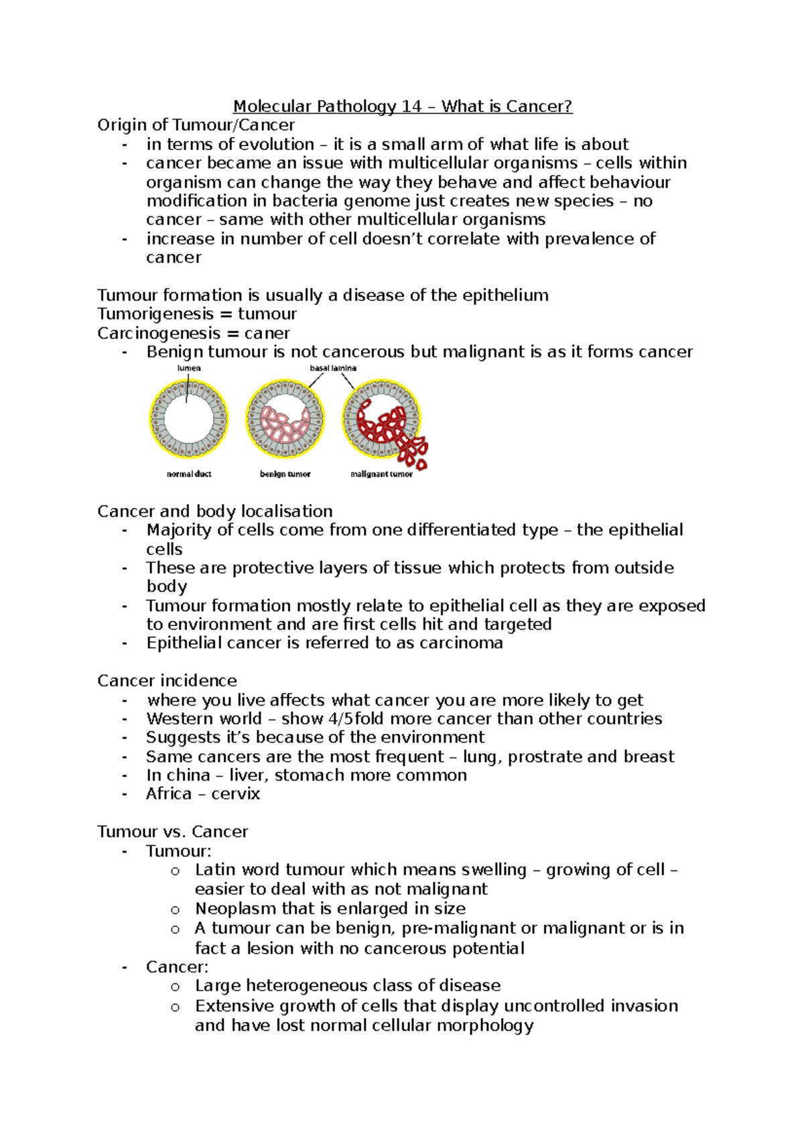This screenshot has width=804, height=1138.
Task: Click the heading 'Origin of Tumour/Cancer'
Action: pyautogui.click(x=196, y=125)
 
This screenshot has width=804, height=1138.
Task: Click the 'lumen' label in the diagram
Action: pyautogui.click(x=189, y=368)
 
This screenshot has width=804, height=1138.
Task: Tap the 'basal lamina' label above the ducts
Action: pyautogui.click(x=333, y=368)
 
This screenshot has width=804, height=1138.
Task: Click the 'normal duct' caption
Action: pyautogui.click(x=189, y=474)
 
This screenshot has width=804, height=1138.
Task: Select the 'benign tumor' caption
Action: pyautogui.click(x=285, y=474)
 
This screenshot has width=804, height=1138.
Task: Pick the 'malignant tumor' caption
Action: pyautogui.click(x=381, y=474)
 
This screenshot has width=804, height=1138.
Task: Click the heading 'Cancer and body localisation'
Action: pyautogui.click(x=214, y=511)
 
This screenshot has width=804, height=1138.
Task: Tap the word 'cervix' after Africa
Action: pyautogui.click(x=236, y=794)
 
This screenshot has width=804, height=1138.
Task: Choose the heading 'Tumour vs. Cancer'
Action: pyautogui.click(x=172, y=832)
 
